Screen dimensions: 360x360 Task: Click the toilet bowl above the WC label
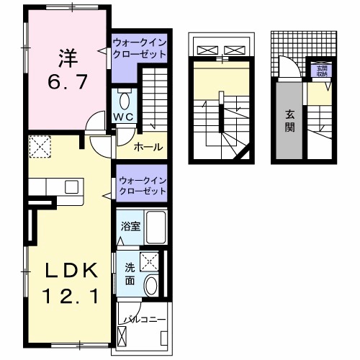pos(124,100)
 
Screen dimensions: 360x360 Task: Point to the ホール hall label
pos(148,148)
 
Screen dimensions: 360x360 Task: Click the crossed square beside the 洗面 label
pos(150,261)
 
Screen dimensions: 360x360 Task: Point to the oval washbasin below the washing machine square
pos(150,286)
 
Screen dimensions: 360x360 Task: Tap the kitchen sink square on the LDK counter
pos(71,186)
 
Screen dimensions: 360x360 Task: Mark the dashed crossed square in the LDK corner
pos(39,148)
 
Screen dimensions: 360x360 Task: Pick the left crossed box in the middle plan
pos(207,50)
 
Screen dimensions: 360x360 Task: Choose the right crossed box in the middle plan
pos(235,50)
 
